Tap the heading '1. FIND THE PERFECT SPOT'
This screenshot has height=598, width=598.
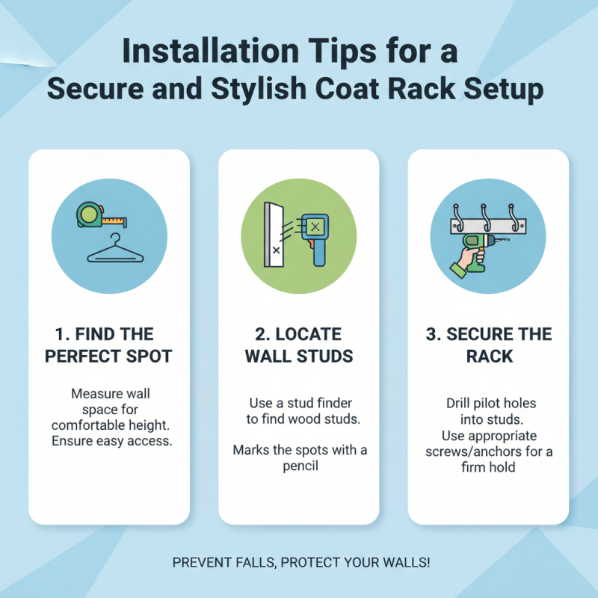point(108,345)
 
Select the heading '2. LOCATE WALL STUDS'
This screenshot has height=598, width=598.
point(298,345)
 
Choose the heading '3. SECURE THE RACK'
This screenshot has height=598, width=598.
point(487,345)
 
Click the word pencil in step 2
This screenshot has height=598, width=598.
point(298,466)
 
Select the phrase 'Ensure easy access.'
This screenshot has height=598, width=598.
point(111,440)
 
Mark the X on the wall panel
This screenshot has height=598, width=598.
point(277,251)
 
